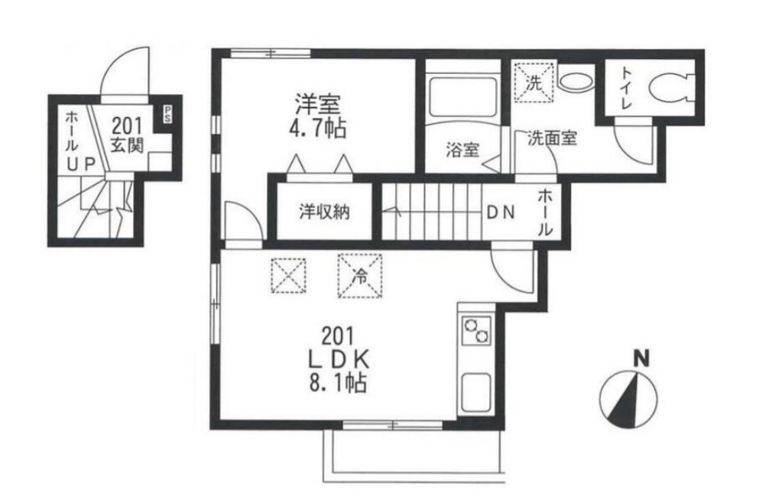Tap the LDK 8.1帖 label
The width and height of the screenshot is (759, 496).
[x=338, y=359]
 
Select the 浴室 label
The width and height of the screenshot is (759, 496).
[x=462, y=150]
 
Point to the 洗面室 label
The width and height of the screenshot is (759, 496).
[x=552, y=139]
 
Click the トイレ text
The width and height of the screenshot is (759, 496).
[x=627, y=88]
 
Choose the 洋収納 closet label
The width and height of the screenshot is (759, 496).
[x=324, y=212]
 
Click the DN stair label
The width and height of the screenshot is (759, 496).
[x=501, y=212]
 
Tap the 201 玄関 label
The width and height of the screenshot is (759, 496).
[x=127, y=135]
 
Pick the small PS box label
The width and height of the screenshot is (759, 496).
[x=167, y=115]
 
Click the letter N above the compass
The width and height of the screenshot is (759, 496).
[x=642, y=359]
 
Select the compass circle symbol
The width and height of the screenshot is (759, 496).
[x=628, y=400]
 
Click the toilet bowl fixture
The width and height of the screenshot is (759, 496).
[x=670, y=88]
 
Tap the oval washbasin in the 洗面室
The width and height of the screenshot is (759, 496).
[x=575, y=81]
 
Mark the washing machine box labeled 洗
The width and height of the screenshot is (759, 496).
[x=534, y=83]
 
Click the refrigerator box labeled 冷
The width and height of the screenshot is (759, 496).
[x=360, y=276]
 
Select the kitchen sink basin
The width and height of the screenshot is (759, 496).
[x=476, y=393]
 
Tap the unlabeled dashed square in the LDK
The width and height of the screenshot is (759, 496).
[x=288, y=276]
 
